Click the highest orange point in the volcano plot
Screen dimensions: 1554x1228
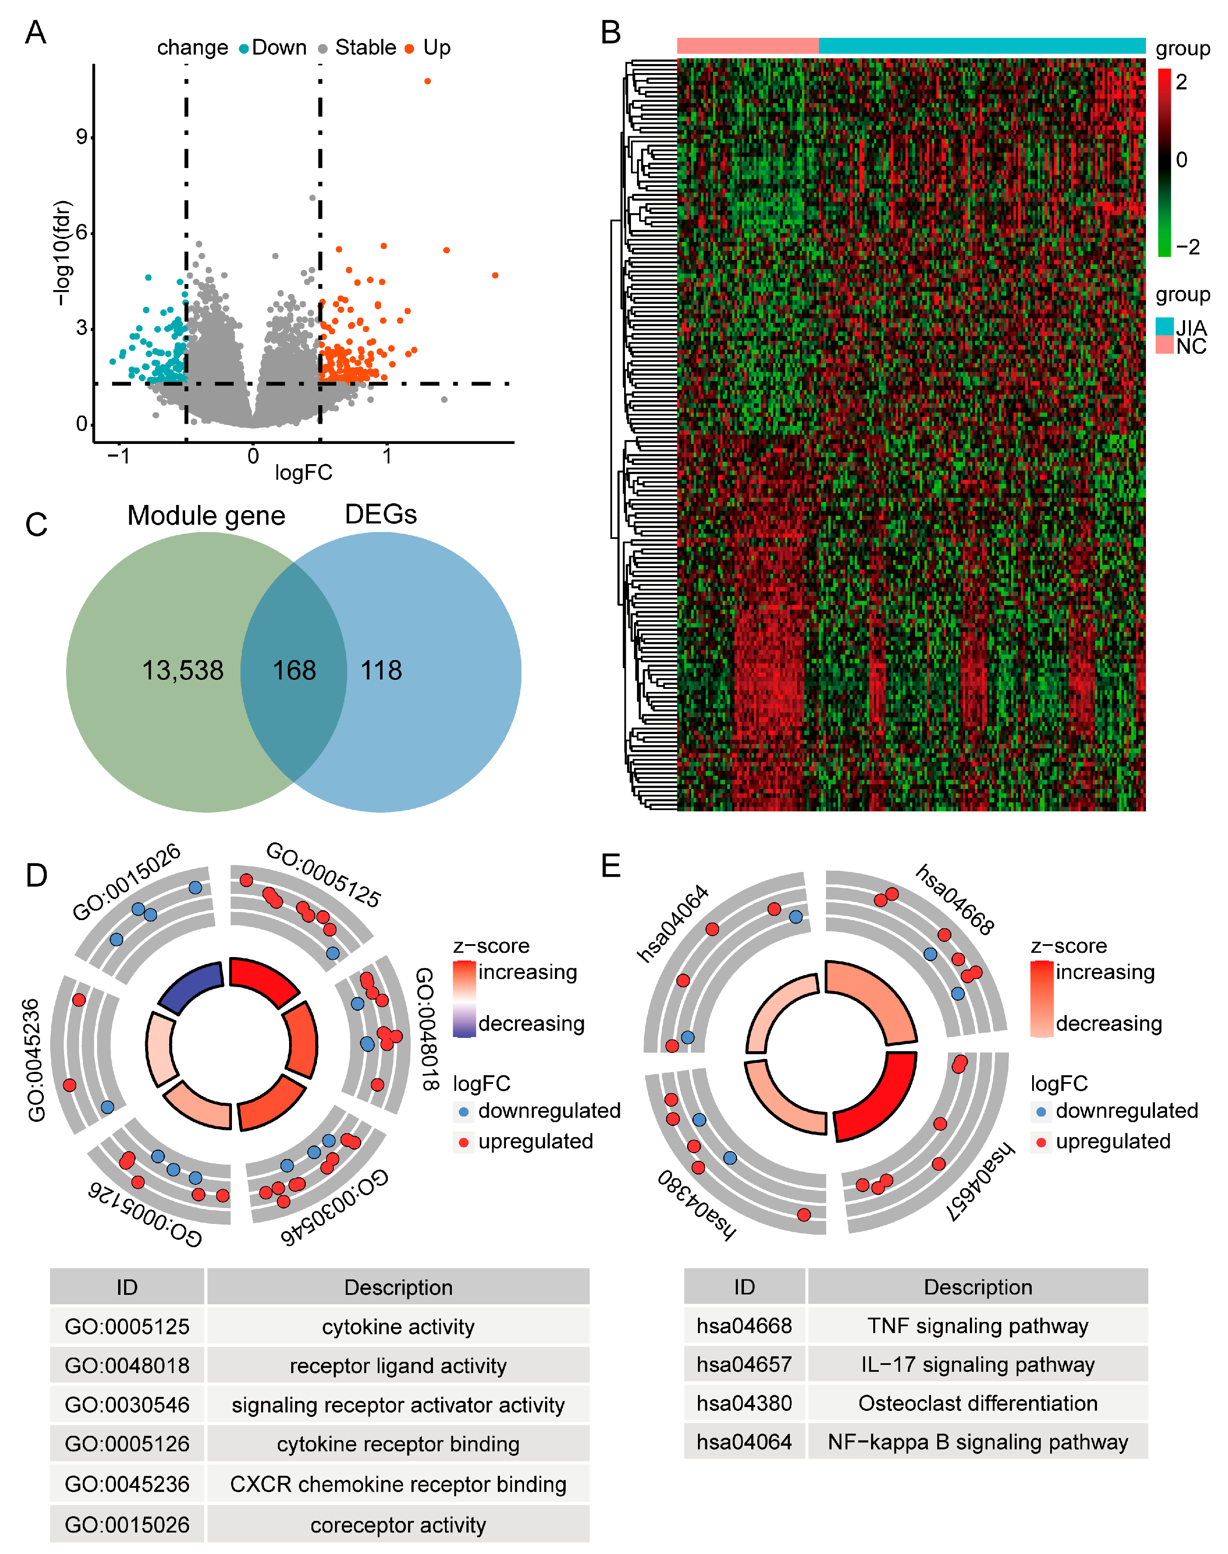(428, 81)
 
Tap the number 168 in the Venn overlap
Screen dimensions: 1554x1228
(294, 670)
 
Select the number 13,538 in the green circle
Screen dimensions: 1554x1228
(183, 670)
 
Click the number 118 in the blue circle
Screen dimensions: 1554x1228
(381, 670)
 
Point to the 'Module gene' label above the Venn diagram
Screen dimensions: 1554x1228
(206, 516)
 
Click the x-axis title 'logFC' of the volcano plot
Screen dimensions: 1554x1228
(303, 473)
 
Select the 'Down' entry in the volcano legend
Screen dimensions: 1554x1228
(279, 47)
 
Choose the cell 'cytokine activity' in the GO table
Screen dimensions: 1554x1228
(398, 1327)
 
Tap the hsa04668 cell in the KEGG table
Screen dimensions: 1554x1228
(744, 1325)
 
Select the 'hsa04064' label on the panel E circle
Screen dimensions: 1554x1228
(673, 924)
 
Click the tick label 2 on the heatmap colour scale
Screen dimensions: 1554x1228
(1181, 82)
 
